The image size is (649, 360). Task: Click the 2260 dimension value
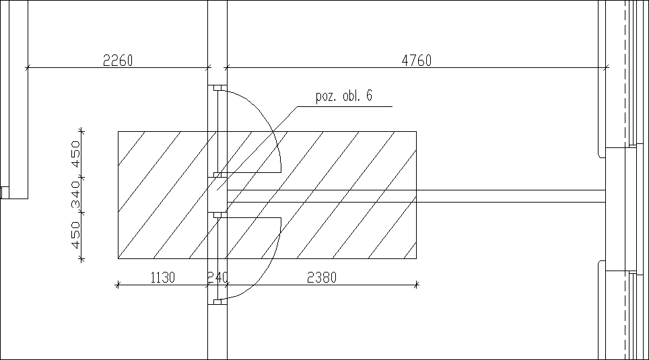(x=118, y=61)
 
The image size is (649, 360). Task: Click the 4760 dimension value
(x=416, y=61)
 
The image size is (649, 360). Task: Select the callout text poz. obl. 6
(x=344, y=96)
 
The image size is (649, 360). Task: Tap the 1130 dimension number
(x=162, y=277)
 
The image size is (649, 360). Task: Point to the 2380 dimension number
(x=322, y=277)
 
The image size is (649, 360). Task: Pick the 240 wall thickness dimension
(x=218, y=277)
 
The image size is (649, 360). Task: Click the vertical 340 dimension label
(x=75, y=194)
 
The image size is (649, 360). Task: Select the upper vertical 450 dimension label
(x=75, y=153)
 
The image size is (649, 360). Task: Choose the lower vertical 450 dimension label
(x=75, y=236)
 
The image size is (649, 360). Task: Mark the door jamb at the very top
(x=217, y=88)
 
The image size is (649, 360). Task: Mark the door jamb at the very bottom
(x=217, y=301)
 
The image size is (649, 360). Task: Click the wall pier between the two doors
(x=217, y=195)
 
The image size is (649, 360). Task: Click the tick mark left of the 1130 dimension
(x=118, y=285)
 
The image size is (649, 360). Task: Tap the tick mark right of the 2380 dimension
(x=416, y=285)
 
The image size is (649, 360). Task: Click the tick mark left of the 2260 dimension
(x=28, y=67)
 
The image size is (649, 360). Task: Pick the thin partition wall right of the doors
(x=512, y=196)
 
